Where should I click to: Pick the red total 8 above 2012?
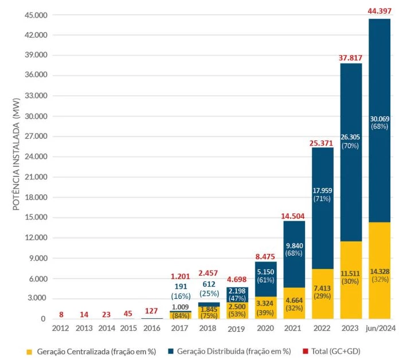61,314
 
